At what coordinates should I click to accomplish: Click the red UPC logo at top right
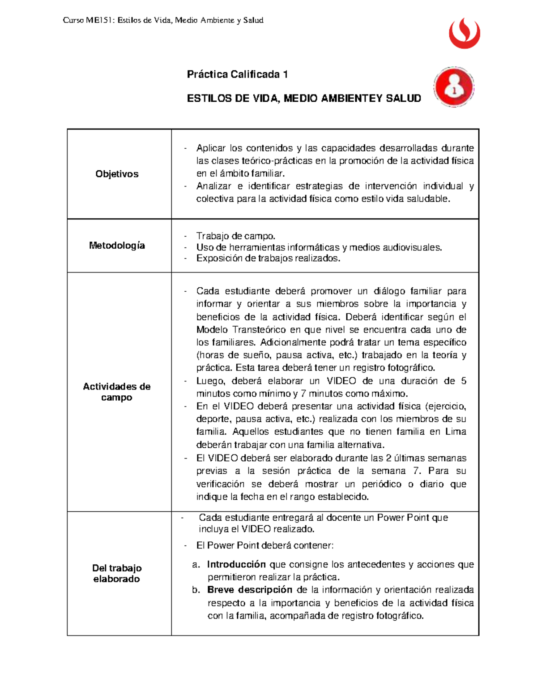point(465,33)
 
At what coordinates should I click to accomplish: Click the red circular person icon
point(454,87)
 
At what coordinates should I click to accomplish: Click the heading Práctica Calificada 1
point(237,74)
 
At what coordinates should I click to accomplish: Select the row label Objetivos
point(117,174)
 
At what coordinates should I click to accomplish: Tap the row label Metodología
point(117,245)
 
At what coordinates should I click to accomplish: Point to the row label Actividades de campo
point(117,392)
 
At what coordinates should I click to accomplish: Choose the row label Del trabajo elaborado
point(117,573)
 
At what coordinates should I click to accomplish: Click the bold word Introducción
point(236,564)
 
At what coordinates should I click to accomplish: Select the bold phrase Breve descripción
point(250,590)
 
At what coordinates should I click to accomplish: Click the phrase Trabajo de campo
point(236,236)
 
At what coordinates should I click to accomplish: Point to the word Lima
point(456,432)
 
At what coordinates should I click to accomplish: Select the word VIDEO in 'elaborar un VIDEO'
point(341,381)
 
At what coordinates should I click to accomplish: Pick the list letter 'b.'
point(196,590)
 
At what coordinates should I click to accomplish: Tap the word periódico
point(382,484)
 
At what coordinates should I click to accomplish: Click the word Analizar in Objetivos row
point(213,186)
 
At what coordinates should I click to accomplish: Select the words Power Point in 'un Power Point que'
point(403,518)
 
